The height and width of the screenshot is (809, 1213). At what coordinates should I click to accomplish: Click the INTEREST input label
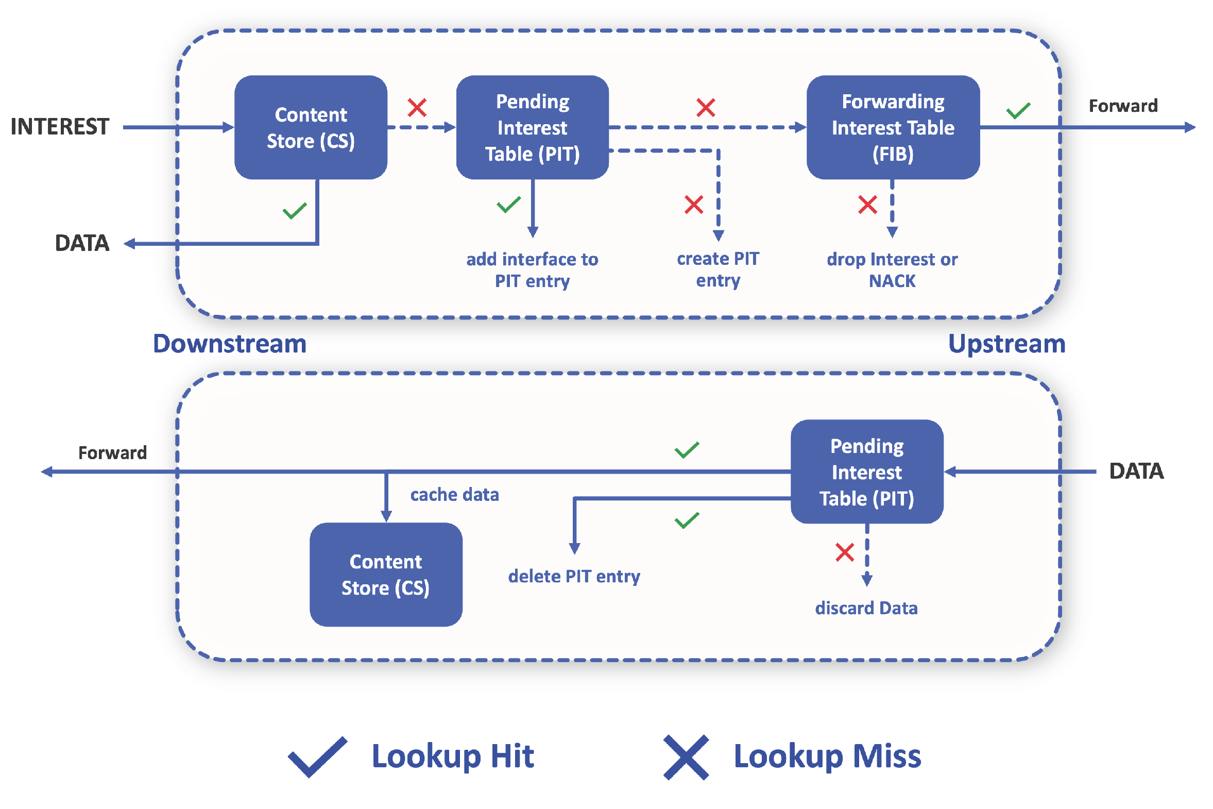60,127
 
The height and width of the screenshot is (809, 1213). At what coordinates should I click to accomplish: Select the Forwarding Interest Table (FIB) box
893,127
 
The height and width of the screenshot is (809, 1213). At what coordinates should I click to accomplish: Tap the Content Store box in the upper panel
311,127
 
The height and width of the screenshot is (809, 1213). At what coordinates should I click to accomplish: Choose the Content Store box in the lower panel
386,574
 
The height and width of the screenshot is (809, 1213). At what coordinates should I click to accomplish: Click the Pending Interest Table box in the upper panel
533,127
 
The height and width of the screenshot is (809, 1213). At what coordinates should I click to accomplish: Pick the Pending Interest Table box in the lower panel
867,471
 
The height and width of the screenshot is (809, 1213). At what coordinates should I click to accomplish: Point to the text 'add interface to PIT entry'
532,270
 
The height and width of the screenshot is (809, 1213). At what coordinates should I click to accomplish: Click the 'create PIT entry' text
718,269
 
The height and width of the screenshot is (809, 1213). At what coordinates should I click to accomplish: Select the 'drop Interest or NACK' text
892,270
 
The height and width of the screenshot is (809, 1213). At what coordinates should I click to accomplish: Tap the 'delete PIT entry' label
574,576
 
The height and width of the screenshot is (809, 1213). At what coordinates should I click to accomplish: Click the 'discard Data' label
866,608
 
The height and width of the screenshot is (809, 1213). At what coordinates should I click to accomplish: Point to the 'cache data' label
454,494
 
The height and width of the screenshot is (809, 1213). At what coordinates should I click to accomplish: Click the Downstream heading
230,344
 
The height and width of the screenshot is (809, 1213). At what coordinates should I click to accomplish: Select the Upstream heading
1006,344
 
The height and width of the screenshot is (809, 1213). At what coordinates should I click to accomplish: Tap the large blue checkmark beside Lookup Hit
317,757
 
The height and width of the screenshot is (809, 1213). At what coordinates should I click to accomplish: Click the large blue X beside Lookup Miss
686,757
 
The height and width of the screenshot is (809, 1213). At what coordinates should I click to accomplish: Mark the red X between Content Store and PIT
417,107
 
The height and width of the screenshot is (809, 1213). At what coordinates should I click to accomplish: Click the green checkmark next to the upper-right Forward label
1018,110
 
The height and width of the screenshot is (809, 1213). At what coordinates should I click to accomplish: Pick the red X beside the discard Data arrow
845,552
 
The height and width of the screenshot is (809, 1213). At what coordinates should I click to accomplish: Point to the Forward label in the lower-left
112,452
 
